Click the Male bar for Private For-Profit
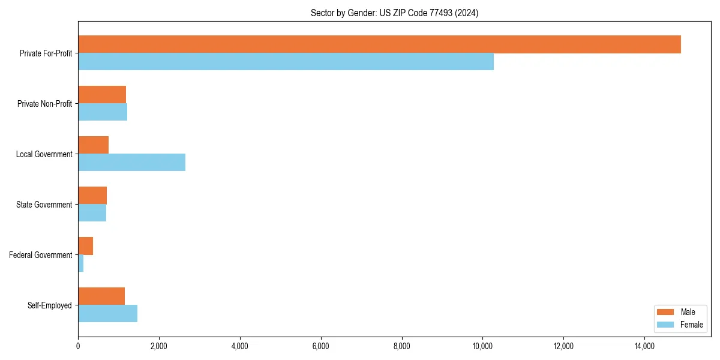pos(379,44)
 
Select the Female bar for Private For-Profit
pos(286,62)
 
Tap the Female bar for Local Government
pos(131,163)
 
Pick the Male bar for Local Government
pos(93,145)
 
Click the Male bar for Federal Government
pos(85,246)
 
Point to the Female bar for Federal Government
pos(80,263)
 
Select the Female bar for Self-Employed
pos(107,314)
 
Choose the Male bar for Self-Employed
pos(101,296)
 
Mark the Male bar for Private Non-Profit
pos(102,95)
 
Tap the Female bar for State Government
pos(92,213)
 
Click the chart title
pos(394,13)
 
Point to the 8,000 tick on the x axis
pos(402,346)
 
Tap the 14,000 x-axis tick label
pos(644,346)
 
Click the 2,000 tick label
pos(159,346)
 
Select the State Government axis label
pos(44,205)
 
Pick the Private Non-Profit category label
pos(44,104)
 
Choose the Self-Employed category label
pos(49,305)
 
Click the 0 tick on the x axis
pos(78,346)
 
